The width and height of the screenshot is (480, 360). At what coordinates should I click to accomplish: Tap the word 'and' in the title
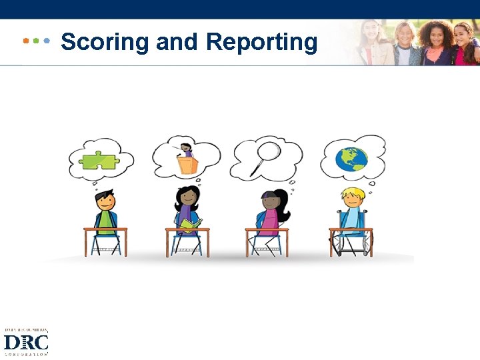pos(177,42)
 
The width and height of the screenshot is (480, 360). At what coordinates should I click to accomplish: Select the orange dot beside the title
pos(26,41)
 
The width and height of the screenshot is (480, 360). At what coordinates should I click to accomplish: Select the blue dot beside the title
pos(46,41)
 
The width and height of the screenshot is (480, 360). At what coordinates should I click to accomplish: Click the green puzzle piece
pos(98,161)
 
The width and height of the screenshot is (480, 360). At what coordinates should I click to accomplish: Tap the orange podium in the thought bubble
pos(187,165)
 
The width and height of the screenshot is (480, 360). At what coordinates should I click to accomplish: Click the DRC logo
pos(26,342)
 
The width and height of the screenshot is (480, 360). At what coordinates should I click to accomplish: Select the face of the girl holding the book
pos(187,198)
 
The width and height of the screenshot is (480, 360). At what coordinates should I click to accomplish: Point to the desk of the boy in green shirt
pos(105,231)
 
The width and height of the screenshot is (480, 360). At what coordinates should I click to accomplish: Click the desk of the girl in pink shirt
pos(267,231)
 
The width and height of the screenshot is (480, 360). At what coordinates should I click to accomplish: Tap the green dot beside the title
pos(36,41)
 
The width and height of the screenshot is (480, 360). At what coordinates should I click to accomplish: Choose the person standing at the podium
pos(187,150)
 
